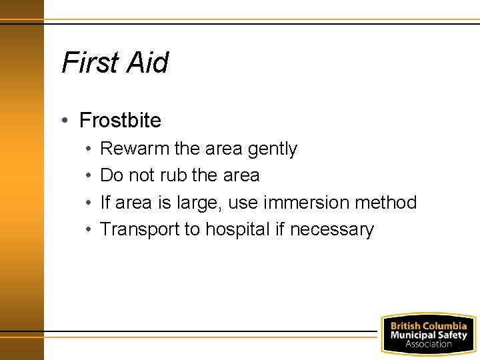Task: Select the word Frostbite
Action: point(120,121)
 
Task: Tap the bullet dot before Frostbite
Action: point(65,121)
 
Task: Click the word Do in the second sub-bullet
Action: point(111,175)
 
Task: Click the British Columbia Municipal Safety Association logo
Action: point(428,334)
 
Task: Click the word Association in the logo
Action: point(428,344)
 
